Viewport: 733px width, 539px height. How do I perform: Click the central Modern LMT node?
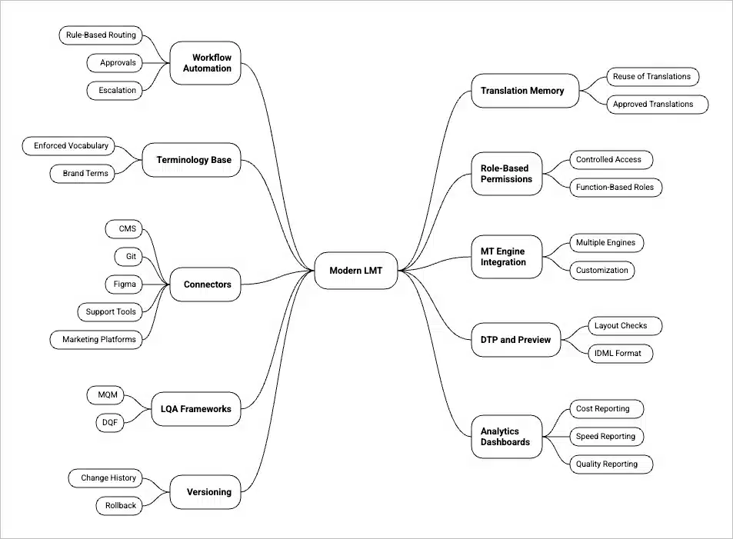pos(356,271)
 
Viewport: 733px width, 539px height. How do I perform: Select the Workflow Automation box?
pos(205,63)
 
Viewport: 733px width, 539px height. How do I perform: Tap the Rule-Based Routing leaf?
pos(101,35)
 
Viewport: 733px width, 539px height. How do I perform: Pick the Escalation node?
pos(117,90)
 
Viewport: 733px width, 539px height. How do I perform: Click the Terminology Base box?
pos(193,160)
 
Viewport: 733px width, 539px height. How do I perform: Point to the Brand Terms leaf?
pos(85,174)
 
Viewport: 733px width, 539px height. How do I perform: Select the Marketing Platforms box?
pos(98,339)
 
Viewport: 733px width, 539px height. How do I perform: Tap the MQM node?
pos(107,394)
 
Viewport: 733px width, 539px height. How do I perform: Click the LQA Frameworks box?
pos(195,409)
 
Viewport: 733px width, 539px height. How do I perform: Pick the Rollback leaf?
pos(121,505)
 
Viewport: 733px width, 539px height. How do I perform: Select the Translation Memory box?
pos(522,91)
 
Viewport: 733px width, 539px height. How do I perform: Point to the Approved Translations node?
pos(653,104)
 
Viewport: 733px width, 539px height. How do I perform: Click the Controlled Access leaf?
pos(608,159)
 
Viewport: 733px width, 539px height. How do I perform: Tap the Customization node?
pos(601,270)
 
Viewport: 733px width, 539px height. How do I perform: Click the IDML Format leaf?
pos(611,353)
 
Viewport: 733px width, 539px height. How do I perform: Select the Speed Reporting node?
pos(605,436)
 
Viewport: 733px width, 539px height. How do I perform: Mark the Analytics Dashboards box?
pos(506,437)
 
